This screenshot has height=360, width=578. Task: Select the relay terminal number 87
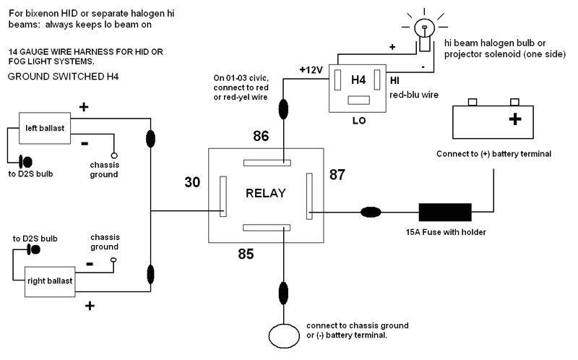[x=337, y=174]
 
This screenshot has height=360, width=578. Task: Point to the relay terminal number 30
[x=191, y=183]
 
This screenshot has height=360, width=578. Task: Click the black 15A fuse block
[x=445, y=213]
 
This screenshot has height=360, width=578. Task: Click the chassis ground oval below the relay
[x=288, y=336]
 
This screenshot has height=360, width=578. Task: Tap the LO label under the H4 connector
[x=357, y=121]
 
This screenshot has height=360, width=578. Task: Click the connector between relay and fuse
[x=371, y=213]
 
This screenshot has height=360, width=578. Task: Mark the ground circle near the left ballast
[x=114, y=156]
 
